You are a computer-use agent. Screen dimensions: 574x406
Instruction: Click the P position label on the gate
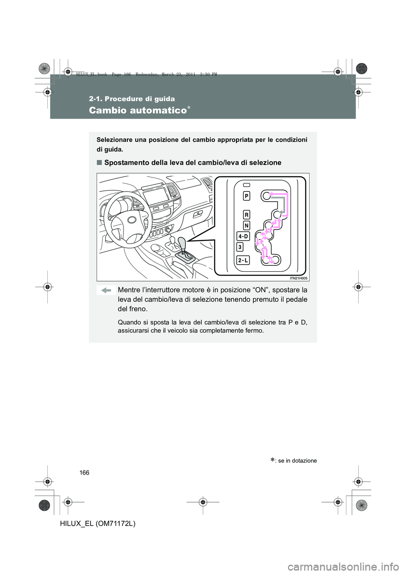pyautogui.click(x=246, y=196)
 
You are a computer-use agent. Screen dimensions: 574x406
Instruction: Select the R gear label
pyautogui.click(x=246, y=214)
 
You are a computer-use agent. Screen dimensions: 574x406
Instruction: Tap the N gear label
pyautogui.click(x=246, y=225)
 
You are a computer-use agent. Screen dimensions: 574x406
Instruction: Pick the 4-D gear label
pyautogui.click(x=243, y=236)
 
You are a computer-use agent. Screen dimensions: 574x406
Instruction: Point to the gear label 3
pyautogui.click(x=240, y=247)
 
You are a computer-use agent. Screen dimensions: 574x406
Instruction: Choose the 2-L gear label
pyautogui.click(x=243, y=260)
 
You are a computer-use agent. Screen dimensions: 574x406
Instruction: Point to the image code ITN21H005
pyautogui.click(x=299, y=278)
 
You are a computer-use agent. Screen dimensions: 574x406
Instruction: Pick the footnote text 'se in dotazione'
pyautogui.click(x=299, y=460)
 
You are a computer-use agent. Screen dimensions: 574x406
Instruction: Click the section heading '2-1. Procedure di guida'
pyautogui.click(x=132, y=99)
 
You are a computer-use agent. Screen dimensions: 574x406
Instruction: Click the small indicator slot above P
pyautogui.click(x=246, y=185)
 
